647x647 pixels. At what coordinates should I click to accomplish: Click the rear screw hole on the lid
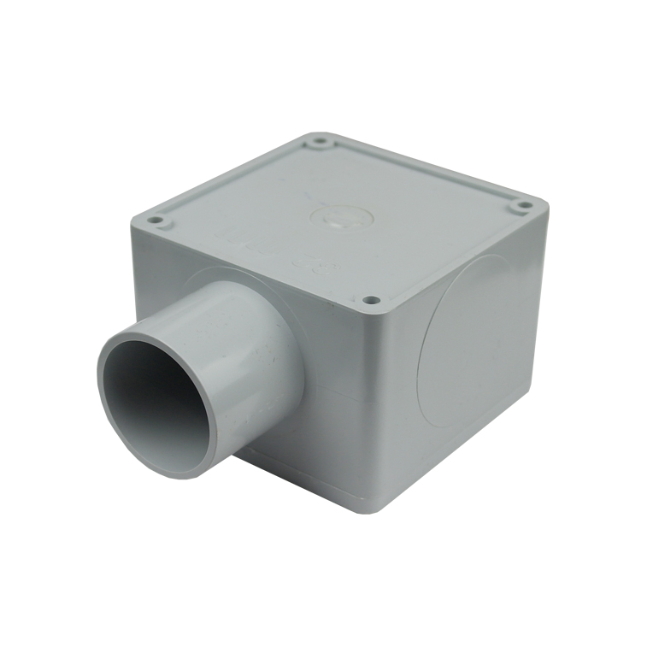pos(321,144)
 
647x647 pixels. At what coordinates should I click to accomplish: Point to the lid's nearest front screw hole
pos(369,300)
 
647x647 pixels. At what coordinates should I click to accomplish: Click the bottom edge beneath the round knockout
pos(453,444)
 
